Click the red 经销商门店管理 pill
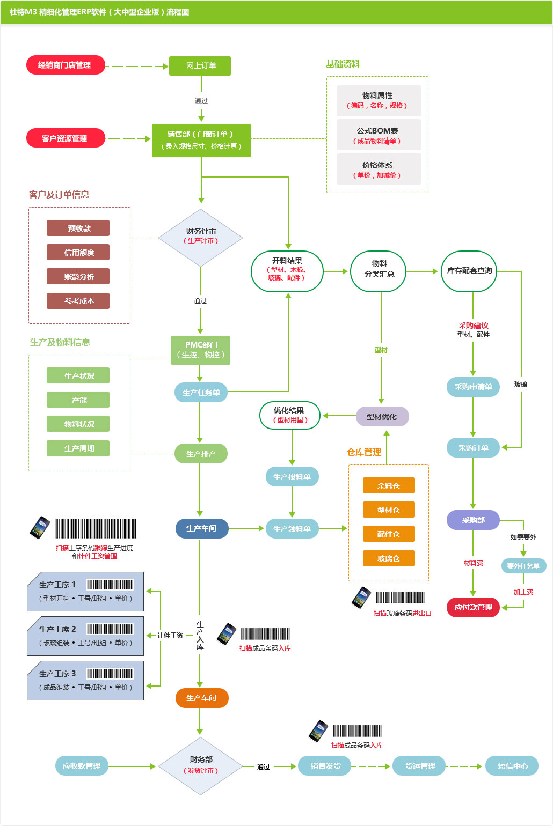point(65,65)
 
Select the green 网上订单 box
point(200,65)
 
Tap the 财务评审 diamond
point(200,237)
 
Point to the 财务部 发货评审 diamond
point(200,765)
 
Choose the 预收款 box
point(78,228)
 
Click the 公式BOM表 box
point(378,135)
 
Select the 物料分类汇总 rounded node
point(378,271)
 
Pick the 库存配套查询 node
point(469,271)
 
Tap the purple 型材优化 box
point(382,417)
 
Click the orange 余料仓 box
point(388,485)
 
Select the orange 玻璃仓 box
point(388,558)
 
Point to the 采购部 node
point(473,520)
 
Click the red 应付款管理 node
point(473,607)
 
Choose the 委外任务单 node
point(523,566)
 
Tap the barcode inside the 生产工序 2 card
point(110,629)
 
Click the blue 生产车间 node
point(201,528)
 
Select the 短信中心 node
point(512,766)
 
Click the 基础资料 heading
point(343,64)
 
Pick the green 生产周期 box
point(78,448)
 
